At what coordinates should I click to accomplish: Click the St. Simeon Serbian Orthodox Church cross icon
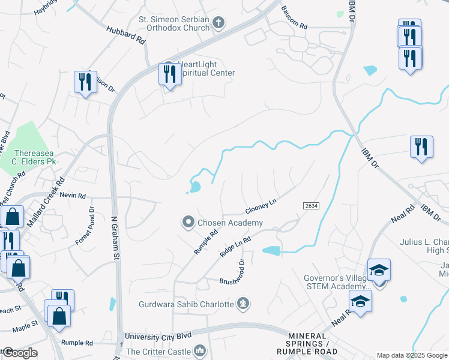coord(219,23)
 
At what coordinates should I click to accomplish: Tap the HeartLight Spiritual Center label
coord(203,68)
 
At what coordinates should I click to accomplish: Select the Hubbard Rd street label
coord(126,34)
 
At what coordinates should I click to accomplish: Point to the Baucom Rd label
coord(295,26)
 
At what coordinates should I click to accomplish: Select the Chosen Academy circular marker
coord(188,223)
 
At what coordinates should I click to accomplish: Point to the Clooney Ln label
coord(260,207)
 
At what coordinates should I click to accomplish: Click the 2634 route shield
coord(310,205)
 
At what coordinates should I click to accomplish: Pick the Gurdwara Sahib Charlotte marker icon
coord(243,304)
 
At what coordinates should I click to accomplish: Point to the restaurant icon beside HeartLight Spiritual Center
coord(169,74)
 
